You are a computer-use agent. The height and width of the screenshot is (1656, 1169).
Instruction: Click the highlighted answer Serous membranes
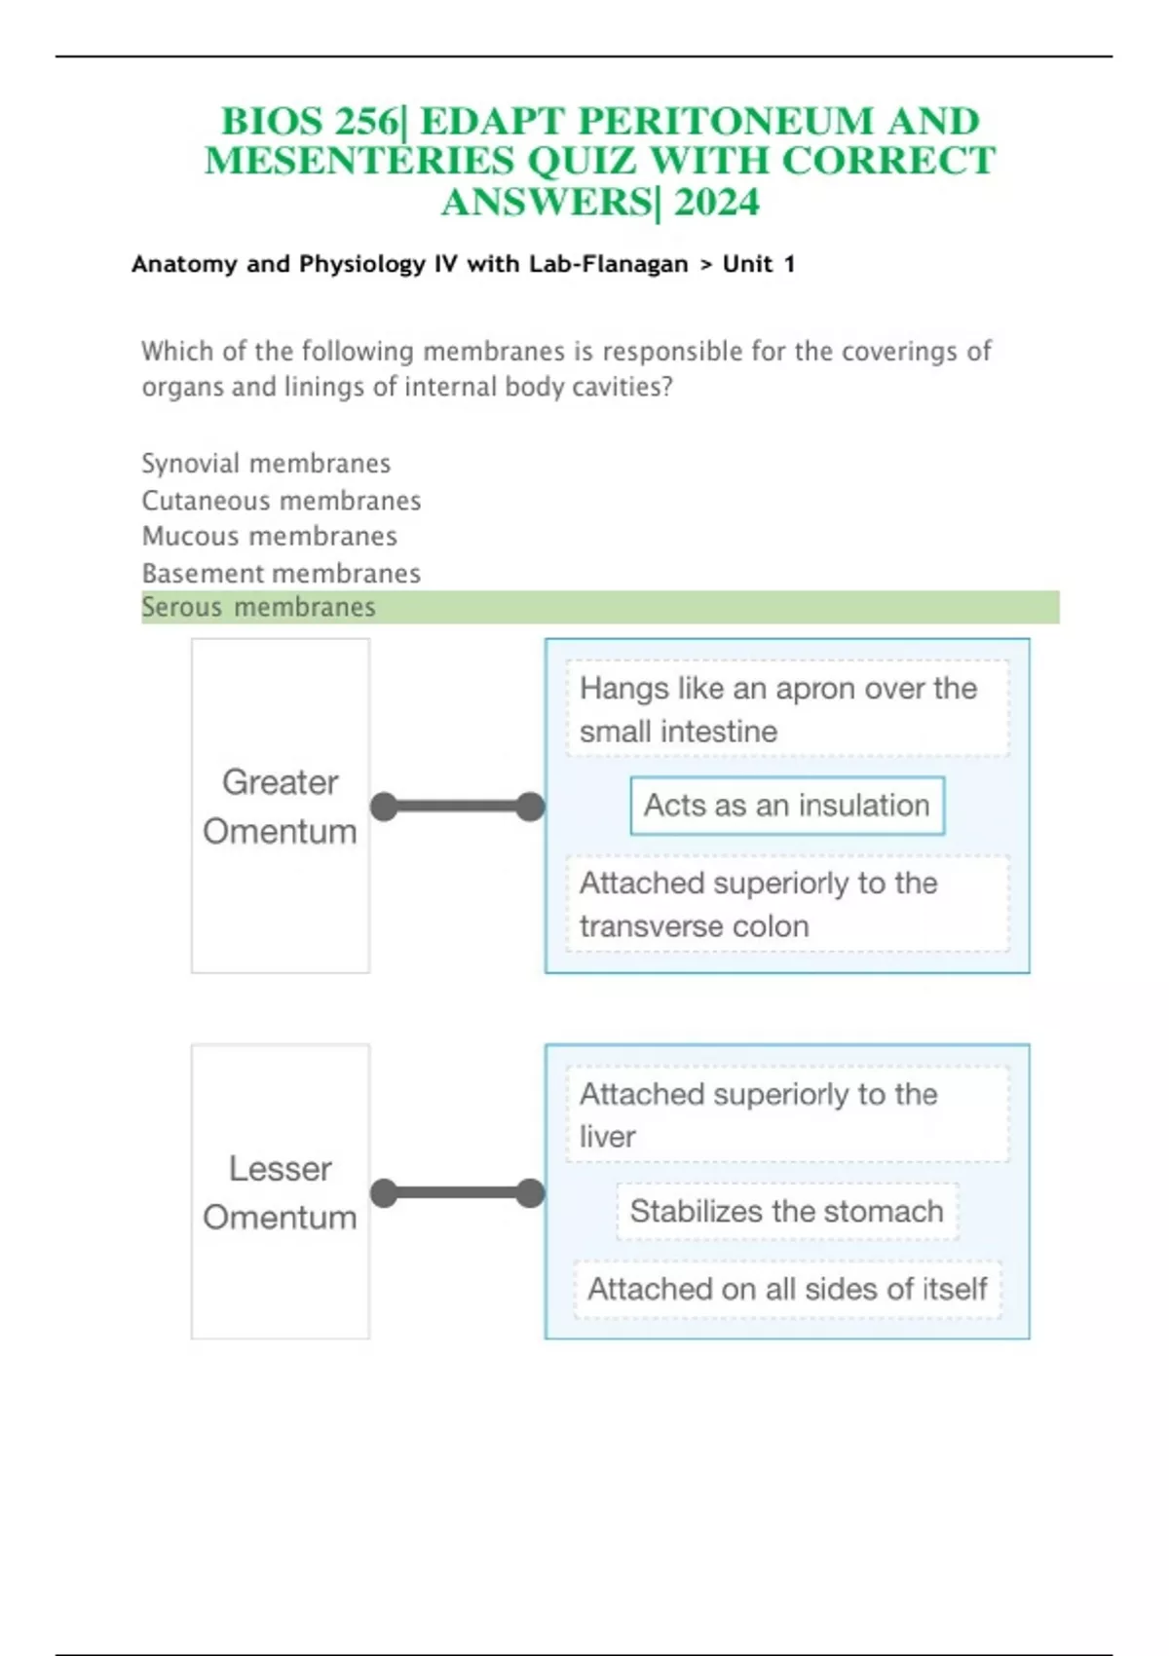click(x=258, y=607)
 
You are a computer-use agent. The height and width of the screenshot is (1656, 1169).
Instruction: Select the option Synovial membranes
click(x=265, y=464)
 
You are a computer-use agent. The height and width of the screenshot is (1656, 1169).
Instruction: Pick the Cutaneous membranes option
click(x=281, y=501)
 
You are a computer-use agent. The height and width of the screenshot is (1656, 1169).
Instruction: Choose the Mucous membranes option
click(x=269, y=536)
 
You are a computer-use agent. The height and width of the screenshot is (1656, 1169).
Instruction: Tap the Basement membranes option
click(x=281, y=573)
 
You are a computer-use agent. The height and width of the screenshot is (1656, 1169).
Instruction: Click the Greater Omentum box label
click(x=281, y=806)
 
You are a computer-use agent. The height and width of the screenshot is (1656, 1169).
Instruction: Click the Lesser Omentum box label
click(x=281, y=1191)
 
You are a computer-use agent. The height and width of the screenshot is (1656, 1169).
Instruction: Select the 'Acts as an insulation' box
click(x=787, y=806)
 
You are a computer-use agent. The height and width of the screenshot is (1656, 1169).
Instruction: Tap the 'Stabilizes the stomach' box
click(x=787, y=1211)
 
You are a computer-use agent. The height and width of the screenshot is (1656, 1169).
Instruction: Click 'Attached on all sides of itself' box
click(x=787, y=1290)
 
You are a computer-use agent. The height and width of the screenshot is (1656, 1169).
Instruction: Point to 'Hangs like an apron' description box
click(x=787, y=708)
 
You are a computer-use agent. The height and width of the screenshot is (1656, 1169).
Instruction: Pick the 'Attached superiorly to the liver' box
click(x=787, y=1114)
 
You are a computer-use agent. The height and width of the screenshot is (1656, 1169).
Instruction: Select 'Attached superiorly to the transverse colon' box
click(x=787, y=903)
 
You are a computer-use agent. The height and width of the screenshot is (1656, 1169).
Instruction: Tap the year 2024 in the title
click(x=716, y=202)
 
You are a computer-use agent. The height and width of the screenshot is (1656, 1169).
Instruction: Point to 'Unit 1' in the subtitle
click(x=759, y=264)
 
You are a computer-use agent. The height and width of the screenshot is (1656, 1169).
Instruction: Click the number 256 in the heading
click(x=366, y=121)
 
